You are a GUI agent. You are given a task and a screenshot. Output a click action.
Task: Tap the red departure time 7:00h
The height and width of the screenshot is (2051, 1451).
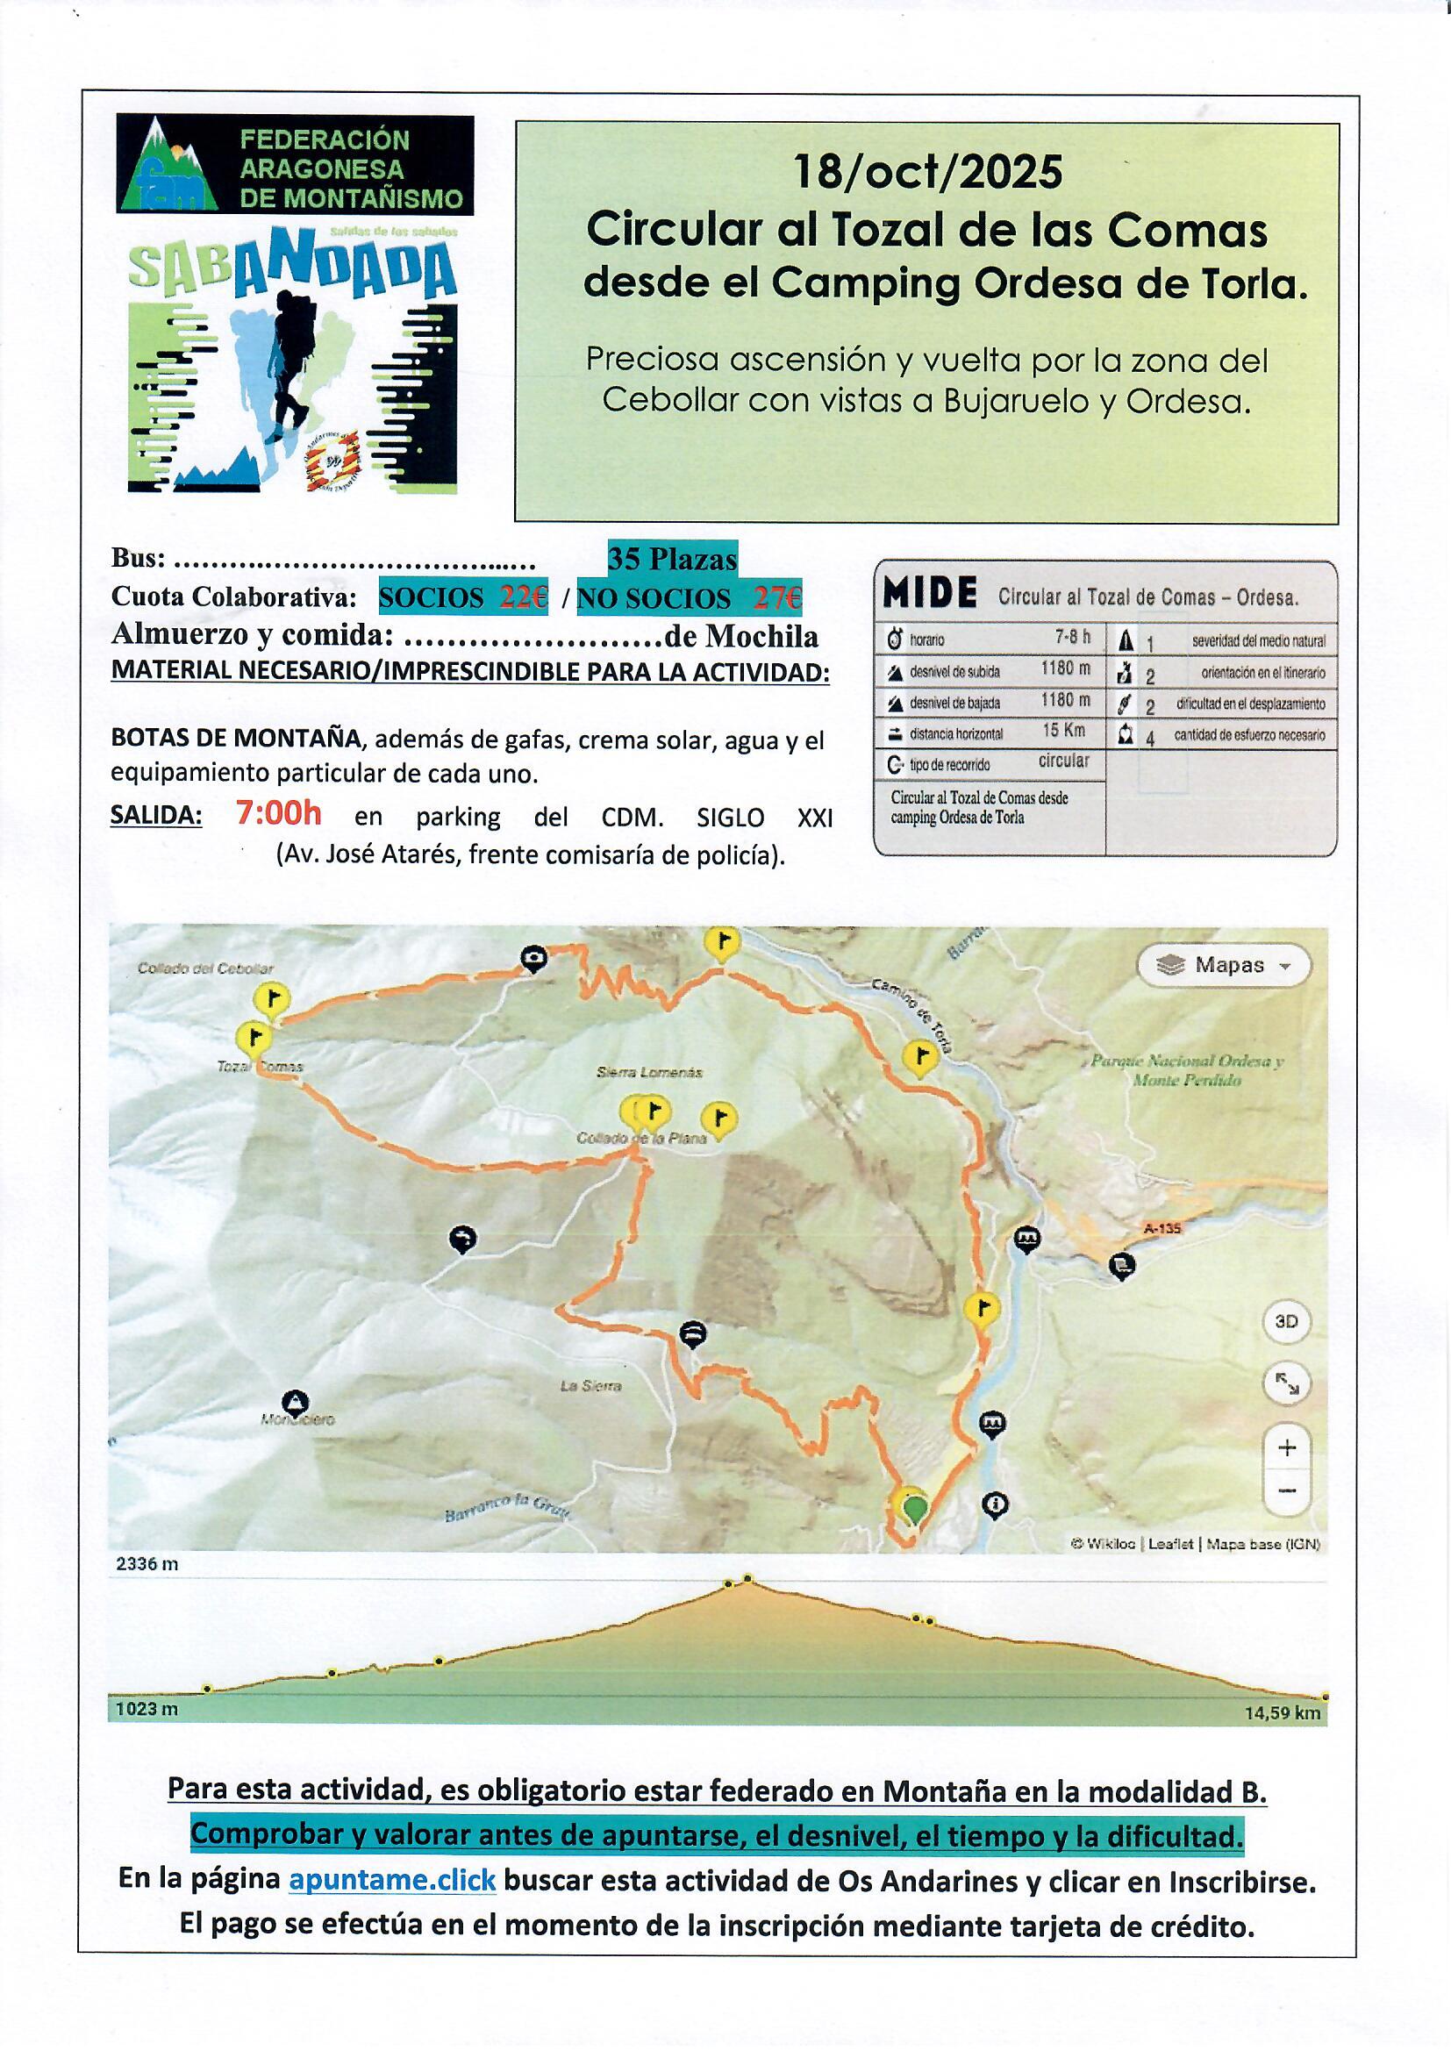(278, 814)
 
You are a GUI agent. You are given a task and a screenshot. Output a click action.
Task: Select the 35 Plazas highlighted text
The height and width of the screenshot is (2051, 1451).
(672, 559)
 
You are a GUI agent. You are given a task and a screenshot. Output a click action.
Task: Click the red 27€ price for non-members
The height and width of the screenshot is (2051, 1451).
(777, 597)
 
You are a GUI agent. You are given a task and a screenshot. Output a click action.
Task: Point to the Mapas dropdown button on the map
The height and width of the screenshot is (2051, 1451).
(1223, 966)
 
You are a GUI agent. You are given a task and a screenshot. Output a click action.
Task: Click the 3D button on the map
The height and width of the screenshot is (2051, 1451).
(1286, 1322)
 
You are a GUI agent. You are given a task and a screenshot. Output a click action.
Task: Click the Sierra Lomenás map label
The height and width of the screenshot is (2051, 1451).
(650, 1072)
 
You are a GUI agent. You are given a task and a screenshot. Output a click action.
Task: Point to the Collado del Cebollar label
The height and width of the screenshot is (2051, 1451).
(205, 968)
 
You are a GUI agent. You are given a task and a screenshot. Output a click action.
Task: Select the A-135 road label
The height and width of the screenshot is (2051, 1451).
(1162, 1228)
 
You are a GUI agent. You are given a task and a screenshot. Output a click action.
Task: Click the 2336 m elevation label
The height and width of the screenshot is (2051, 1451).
(147, 1563)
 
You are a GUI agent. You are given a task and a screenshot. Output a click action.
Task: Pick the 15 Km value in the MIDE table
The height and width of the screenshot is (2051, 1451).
(1063, 730)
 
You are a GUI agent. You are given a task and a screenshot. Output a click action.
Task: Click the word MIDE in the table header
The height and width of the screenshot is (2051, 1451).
(929, 593)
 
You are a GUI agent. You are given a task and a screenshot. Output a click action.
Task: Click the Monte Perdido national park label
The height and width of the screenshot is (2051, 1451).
(1187, 1071)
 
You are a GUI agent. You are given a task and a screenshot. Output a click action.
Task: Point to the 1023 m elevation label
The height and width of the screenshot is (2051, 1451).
(147, 1709)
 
